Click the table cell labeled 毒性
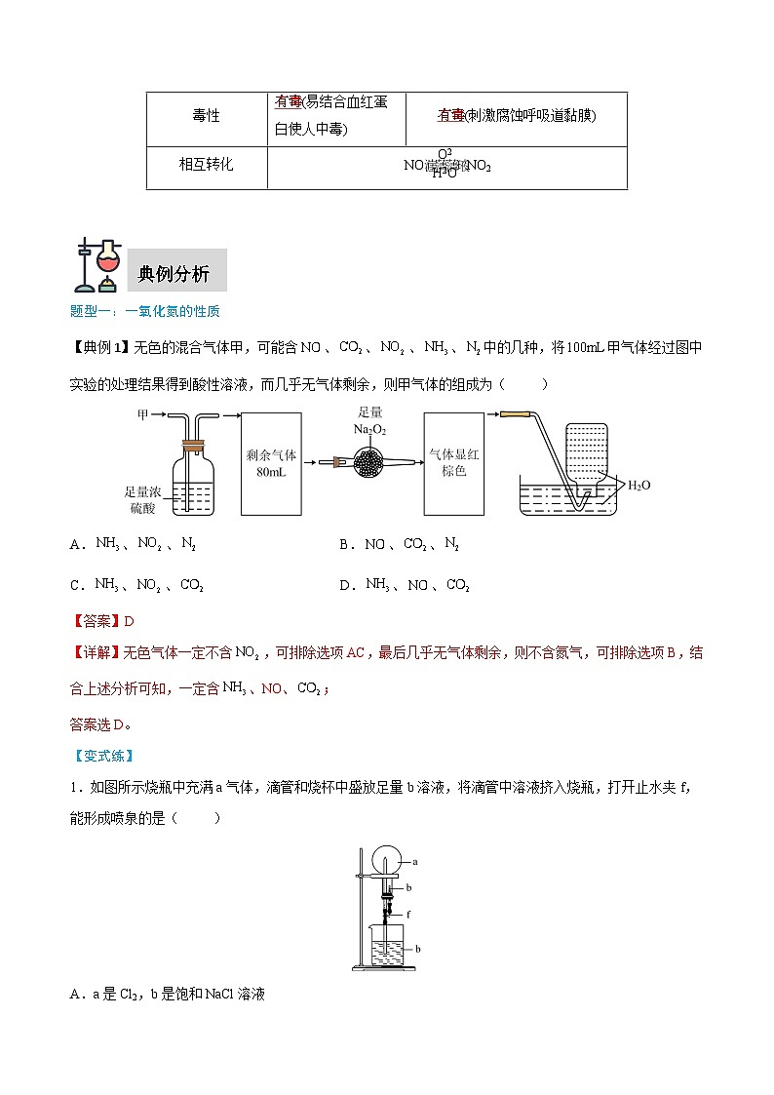206,116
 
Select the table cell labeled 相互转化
206,165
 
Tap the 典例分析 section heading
174,274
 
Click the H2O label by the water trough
639,485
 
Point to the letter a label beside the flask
415,862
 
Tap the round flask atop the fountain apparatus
388,860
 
